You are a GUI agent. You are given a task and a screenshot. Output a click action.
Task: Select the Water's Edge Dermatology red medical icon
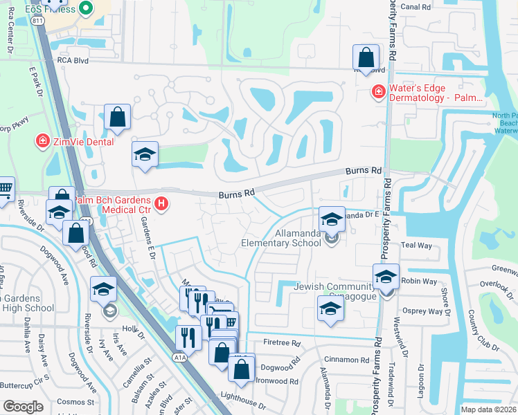coord(378,91)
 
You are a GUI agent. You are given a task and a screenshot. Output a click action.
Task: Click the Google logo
coord(23,407)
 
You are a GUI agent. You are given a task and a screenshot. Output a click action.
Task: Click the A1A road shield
coord(179,357)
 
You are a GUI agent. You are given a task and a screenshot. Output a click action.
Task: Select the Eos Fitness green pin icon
coord(86,8)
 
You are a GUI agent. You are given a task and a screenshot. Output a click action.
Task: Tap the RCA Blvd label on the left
coord(74,60)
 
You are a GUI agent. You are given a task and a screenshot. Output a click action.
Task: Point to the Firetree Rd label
coord(281,343)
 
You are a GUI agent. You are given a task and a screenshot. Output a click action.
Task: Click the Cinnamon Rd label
coord(350,360)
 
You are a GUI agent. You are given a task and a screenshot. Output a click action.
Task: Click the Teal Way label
coord(416,246)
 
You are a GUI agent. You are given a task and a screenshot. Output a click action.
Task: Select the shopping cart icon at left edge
coord(5,187)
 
